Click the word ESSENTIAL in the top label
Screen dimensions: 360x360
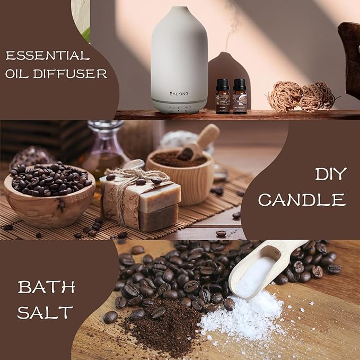tap(48, 56)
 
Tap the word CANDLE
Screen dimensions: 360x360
tap(302, 200)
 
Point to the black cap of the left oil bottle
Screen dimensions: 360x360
tap(223, 84)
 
